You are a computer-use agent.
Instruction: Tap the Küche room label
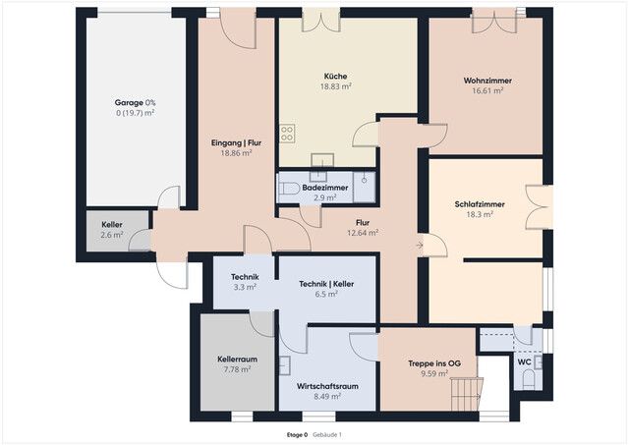[x=336, y=76]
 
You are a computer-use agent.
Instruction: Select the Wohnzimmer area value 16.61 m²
[x=487, y=90]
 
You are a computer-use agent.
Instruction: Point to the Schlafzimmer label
[x=479, y=203]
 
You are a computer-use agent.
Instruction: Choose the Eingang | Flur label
[x=236, y=143]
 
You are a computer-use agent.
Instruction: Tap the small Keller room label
[x=112, y=225]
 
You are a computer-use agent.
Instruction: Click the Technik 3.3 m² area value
[x=244, y=288]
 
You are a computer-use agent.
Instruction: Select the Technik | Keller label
[x=325, y=284]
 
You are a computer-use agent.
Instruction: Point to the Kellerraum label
[x=237, y=360]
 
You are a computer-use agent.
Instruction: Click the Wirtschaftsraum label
[x=325, y=386]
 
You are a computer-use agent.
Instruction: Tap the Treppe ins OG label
[x=428, y=363]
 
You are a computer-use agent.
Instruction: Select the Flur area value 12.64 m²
[x=363, y=233]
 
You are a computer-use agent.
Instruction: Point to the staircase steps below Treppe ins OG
[x=465, y=395]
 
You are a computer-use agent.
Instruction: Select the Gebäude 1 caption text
[x=327, y=433]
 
